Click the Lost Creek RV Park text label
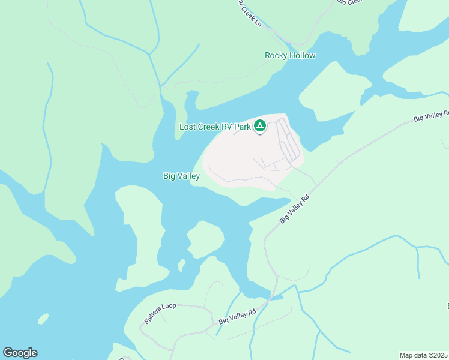[x=215, y=127]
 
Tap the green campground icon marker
[x=260, y=126]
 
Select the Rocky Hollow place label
[x=290, y=55]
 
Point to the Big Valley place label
[x=181, y=176]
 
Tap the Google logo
[x=20, y=353]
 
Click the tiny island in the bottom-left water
[x=42, y=318]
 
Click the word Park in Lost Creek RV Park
[x=242, y=127]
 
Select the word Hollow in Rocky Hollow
[x=303, y=55]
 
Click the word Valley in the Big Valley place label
[x=188, y=176]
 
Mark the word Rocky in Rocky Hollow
[x=276, y=55]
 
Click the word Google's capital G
[x=8, y=352]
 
